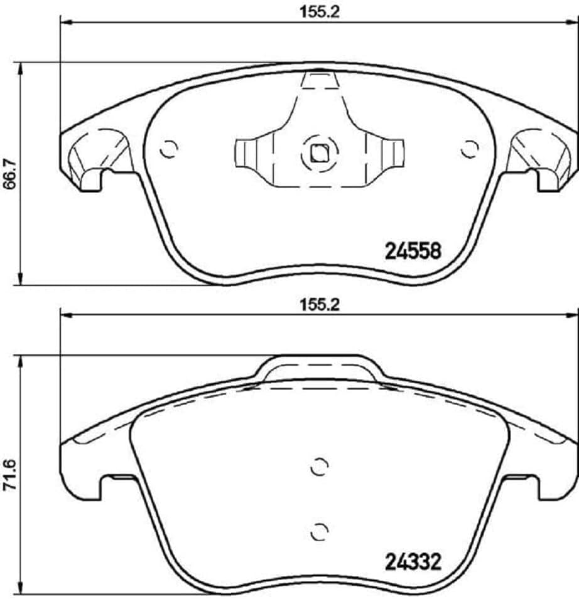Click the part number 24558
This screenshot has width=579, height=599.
pyautogui.click(x=413, y=250)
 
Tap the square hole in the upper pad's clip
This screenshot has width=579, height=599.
pyautogui.click(x=319, y=152)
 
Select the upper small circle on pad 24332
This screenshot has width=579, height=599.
pyautogui.click(x=320, y=467)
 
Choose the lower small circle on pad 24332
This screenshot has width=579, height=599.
pyautogui.click(x=320, y=531)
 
